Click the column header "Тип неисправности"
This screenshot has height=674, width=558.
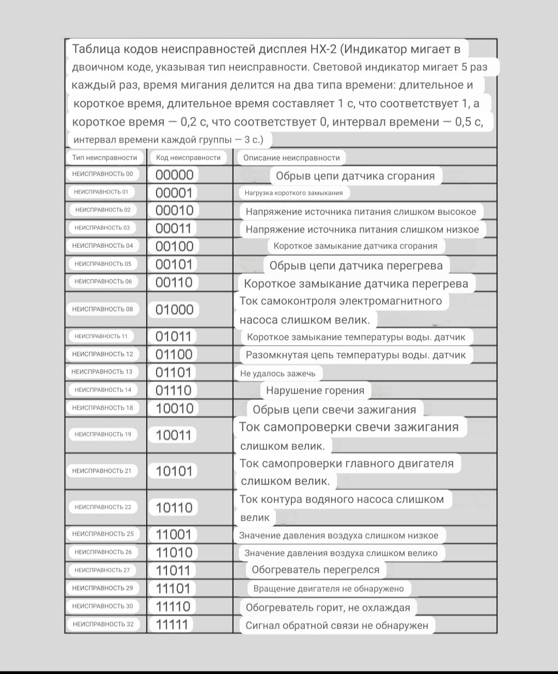coord(105,158)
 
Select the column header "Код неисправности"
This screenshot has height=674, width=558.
coord(188,158)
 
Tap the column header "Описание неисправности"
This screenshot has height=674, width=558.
coord(291,158)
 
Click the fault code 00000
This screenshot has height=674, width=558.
coord(174,175)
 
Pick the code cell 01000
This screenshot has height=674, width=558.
coord(174,309)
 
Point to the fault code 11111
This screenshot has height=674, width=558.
coord(172,624)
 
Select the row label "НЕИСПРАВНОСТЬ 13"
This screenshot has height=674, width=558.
coord(102,372)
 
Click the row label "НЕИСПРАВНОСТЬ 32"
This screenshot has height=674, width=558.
coord(103,624)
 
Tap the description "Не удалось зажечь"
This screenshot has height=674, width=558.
coord(278,373)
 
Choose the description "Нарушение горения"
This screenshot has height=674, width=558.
coord(315,390)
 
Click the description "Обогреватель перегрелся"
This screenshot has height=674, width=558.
coord(316,570)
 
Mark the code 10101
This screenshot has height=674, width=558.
coord(174,471)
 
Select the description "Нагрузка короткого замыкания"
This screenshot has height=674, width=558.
coord(293,193)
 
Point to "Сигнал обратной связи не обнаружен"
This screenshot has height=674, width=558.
coord(337,625)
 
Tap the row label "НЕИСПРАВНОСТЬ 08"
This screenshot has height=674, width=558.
coord(102,309)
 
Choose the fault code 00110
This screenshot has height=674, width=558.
coord(174,282)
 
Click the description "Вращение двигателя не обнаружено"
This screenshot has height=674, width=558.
coord(329,588)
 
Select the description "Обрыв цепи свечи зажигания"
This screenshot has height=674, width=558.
coord(334,410)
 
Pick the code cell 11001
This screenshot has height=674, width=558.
coord(174,535)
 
